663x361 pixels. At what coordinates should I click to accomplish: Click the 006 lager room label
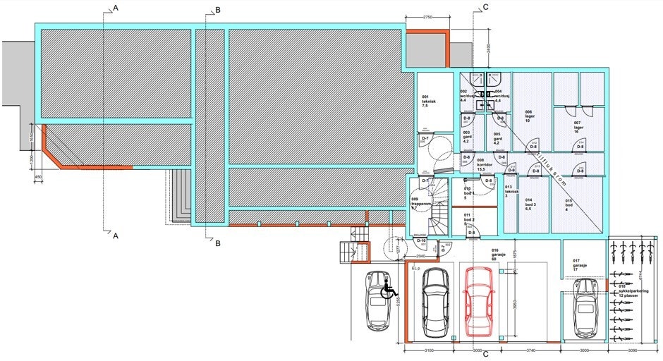pos(530,116)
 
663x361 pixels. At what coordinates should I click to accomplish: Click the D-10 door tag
pos(421,241)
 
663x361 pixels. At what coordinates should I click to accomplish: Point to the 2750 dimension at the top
pos(427,16)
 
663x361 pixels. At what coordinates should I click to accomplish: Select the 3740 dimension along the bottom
pos(534,350)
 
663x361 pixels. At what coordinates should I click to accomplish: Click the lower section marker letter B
pos(218,243)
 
